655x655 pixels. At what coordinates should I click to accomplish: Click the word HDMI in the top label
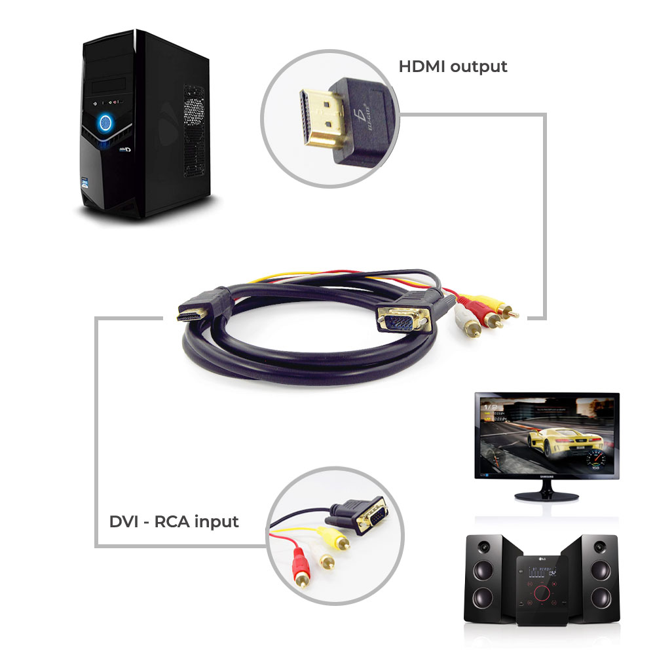click(x=421, y=67)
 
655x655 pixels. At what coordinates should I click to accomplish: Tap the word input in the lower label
click(x=214, y=522)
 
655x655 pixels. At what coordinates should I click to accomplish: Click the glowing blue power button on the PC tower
click(x=104, y=123)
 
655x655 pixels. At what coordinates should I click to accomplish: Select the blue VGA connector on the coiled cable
click(x=400, y=320)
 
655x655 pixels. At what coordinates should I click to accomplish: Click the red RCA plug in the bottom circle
click(x=301, y=564)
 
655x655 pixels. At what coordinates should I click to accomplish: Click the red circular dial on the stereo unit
click(x=541, y=593)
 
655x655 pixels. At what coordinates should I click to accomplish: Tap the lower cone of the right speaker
click(x=599, y=597)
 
